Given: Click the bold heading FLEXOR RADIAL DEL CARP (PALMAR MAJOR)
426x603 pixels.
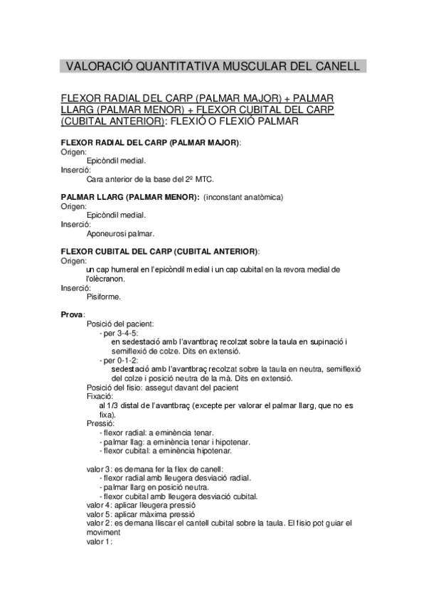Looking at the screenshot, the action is click(x=151, y=143).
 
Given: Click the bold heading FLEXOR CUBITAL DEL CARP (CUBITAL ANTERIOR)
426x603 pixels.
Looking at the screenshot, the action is click(x=160, y=251).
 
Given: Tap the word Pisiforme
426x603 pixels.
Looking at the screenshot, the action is click(x=104, y=297).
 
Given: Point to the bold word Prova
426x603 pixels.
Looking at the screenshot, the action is click(x=72, y=314).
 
